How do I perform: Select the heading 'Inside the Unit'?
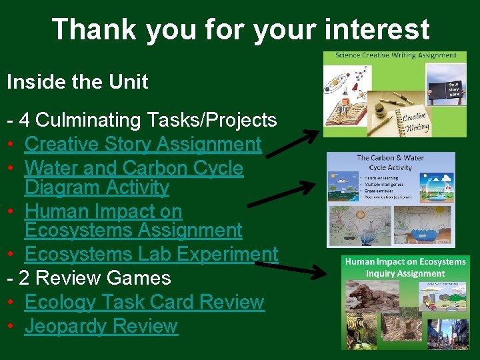[77, 82]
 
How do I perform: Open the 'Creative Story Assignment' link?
[143, 144]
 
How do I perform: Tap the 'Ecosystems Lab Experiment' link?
[151, 254]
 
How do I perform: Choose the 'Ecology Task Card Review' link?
[144, 302]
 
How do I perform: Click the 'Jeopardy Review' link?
[101, 326]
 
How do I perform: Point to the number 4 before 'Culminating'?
[24, 120]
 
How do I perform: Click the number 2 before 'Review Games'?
[24, 278]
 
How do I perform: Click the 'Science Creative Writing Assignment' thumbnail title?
[395, 56]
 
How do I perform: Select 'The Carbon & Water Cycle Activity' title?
[391, 162]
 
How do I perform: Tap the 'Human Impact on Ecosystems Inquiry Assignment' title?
[405, 267]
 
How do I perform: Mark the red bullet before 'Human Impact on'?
[11, 212]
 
